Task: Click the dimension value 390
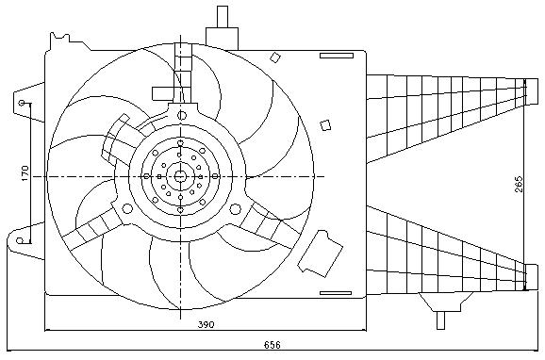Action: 206,324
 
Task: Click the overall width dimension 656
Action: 272,345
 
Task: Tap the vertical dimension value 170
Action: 25,173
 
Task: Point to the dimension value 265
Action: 519,184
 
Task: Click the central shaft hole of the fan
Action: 180,176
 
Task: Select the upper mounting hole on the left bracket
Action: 22,103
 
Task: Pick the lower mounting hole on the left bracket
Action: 20,240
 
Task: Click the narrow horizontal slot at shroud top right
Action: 337,56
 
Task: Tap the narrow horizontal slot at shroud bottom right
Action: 336,293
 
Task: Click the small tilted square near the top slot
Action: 275,57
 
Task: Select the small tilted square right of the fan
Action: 325,125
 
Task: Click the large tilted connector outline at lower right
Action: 321,254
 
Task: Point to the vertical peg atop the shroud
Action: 223,17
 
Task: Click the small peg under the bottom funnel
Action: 440,320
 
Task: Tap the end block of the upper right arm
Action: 531,91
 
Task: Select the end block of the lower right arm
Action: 531,277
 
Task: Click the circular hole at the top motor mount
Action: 182,116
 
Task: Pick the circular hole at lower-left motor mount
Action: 128,208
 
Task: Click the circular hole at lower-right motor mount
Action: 236,208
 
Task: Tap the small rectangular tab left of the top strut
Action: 163,94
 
